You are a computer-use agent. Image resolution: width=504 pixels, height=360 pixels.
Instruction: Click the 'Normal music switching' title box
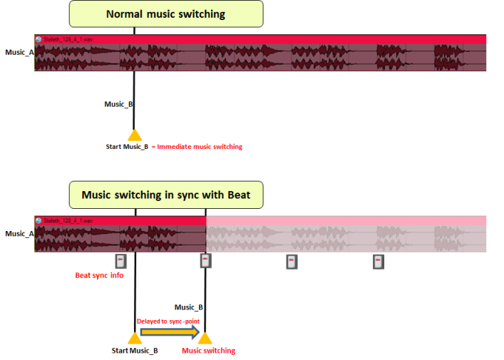point(165,14)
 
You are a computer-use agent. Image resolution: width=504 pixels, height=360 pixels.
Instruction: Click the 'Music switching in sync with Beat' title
point(165,195)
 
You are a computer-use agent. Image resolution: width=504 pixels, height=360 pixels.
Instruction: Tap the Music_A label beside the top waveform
point(19,52)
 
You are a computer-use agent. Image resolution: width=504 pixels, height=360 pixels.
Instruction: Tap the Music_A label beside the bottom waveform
point(19,233)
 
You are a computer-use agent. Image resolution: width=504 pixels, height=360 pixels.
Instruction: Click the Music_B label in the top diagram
point(118,104)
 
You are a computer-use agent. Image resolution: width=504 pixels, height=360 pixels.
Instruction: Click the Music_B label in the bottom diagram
point(189,307)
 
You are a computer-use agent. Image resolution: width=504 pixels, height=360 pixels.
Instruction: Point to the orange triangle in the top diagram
point(134,135)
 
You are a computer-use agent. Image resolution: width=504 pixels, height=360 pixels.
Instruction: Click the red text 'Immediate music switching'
point(200,147)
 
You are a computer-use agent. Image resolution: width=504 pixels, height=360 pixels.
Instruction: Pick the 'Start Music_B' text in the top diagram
point(127,147)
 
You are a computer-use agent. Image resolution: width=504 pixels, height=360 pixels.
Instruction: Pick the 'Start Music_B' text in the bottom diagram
point(135,351)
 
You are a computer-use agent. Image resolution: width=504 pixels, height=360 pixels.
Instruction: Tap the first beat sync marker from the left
point(120,261)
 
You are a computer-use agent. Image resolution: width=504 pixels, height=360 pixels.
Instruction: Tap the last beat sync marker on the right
point(379,262)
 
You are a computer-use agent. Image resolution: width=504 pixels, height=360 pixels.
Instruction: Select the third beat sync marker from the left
point(291,262)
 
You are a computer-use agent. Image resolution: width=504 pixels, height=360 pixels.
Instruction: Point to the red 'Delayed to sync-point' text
point(168,321)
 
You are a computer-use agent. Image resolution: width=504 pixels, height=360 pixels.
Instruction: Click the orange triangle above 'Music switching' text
point(205,338)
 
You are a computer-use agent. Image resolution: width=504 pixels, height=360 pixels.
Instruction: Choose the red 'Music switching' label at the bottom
point(208,351)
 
